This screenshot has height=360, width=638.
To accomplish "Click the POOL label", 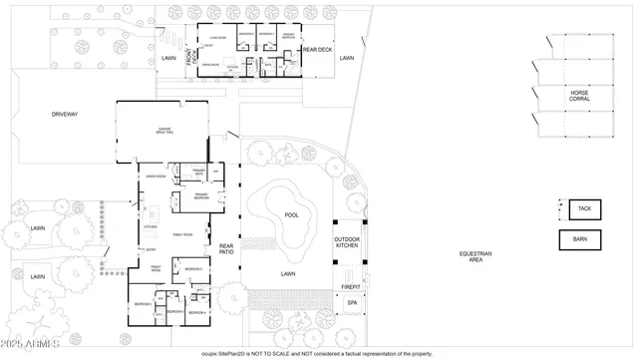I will point(291,214).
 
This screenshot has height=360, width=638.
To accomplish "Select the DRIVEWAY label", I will point(65,115).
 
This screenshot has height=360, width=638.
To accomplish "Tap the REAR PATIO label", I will point(226,249).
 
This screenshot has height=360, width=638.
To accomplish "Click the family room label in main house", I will point(182,234).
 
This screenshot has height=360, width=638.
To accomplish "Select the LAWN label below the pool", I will point(289,272).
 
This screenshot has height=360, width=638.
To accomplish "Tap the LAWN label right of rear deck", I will point(346,59).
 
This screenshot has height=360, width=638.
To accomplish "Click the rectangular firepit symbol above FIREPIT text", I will point(351,274).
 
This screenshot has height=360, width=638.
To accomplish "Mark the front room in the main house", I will point(157,268).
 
